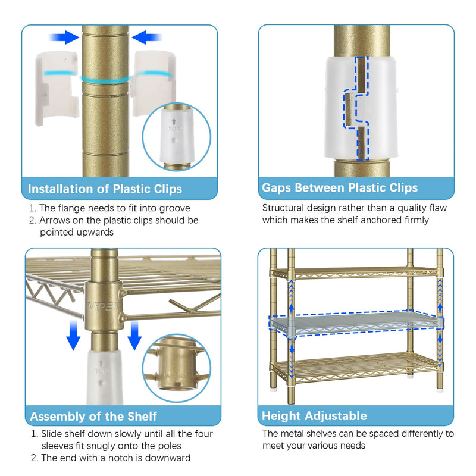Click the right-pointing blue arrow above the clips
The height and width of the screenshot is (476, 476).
(64, 37)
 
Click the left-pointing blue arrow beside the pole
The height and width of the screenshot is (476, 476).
(146, 37)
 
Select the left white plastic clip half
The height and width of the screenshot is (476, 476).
(57, 88)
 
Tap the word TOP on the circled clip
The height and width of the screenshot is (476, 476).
(174, 129)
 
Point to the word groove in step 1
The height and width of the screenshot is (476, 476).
(174, 209)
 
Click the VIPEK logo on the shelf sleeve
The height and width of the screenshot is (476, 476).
(104, 306)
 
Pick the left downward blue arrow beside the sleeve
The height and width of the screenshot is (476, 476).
(73, 336)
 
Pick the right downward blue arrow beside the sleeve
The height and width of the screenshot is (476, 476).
(134, 336)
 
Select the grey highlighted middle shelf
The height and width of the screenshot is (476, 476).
(356, 323)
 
